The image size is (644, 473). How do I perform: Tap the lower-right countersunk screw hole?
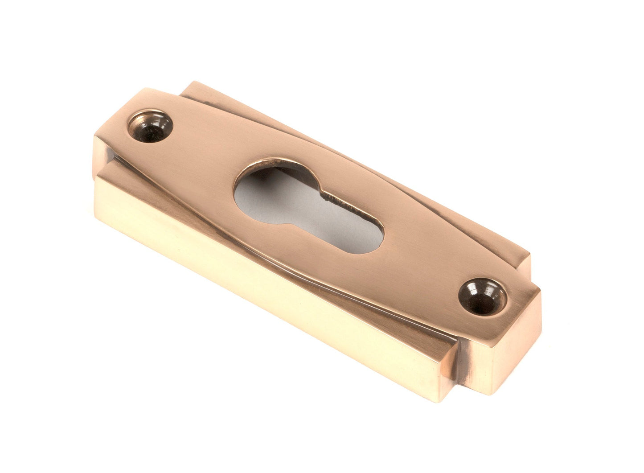coord(482,296)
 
